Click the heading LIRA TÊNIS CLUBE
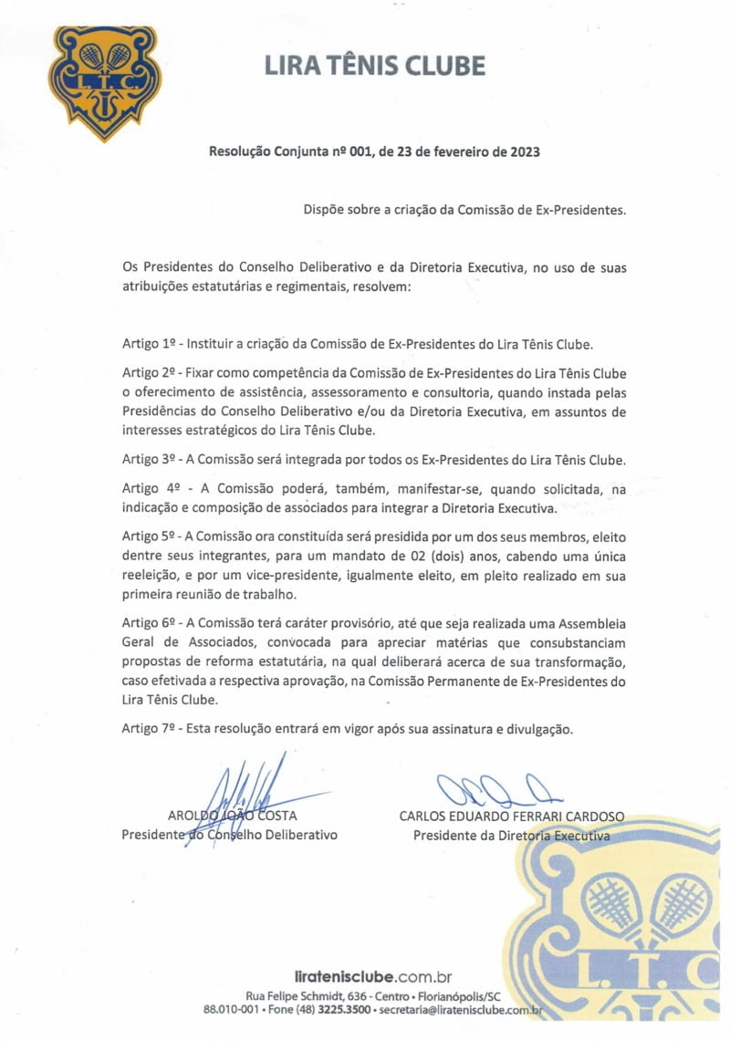click(374, 66)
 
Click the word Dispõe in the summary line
click(326, 209)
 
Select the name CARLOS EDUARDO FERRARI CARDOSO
click(512, 816)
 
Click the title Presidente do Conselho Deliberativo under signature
click(229, 835)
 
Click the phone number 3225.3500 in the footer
click(345, 1010)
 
